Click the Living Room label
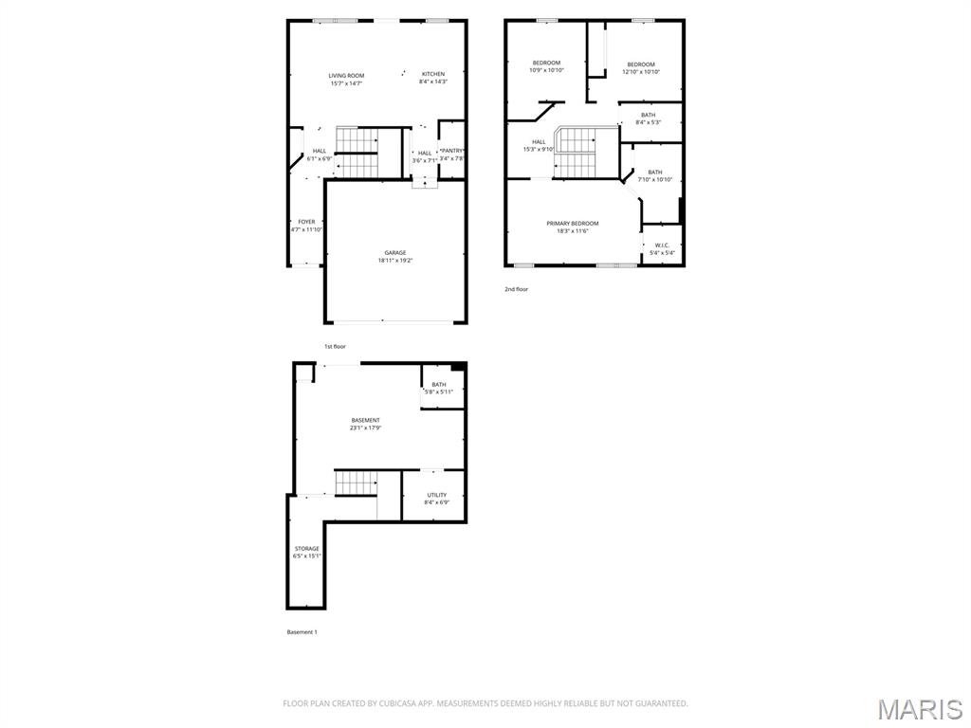(346, 76)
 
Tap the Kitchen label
(432, 74)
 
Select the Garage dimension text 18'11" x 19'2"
(395, 261)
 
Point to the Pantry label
(451, 151)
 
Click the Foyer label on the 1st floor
(306, 222)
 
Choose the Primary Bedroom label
(572, 224)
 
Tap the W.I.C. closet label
(661, 245)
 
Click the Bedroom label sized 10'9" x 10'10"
(546, 64)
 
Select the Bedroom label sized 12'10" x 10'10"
(641, 64)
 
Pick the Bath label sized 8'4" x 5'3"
(648, 115)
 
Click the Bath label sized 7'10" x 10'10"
(655, 173)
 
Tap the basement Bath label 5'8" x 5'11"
(439, 385)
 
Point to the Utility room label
(436, 495)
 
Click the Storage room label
(306, 549)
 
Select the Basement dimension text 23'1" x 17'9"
(365, 428)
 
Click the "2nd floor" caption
(516, 289)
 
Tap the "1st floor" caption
(335, 346)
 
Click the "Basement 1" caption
(302, 631)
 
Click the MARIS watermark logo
(919, 709)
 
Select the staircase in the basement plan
(356, 482)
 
